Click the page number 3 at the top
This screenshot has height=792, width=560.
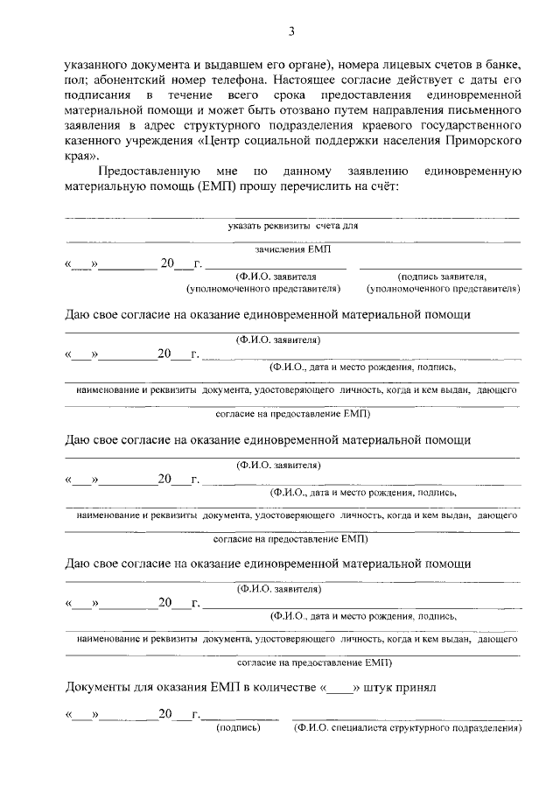[x=290, y=32]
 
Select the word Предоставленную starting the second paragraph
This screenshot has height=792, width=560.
[x=150, y=172]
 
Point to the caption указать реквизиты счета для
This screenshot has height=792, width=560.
[x=292, y=226]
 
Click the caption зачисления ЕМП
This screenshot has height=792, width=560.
[x=292, y=249]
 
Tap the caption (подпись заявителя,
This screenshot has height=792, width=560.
[x=441, y=276]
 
